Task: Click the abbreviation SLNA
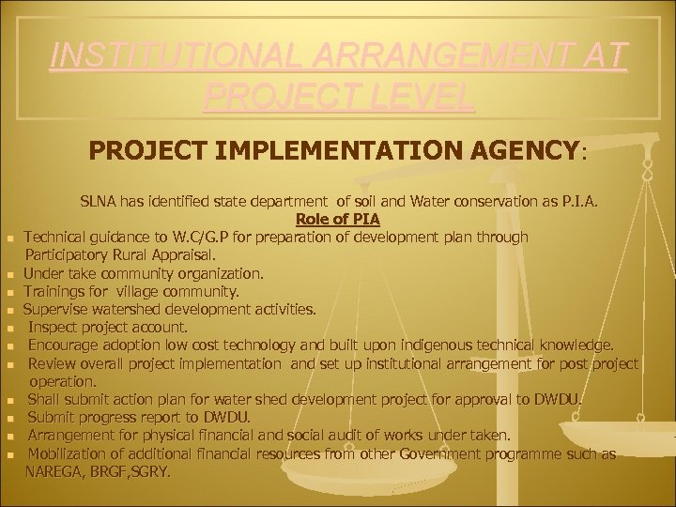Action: [99, 201]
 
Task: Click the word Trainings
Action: [54, 291]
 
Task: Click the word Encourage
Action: [63, 345]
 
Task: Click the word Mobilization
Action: [68, 454]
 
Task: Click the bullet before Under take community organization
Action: [10, 274]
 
